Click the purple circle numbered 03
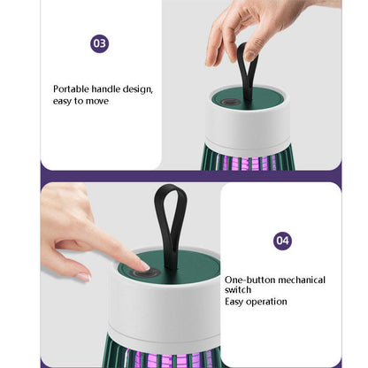[100, 43]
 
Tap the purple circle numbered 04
[282, 241]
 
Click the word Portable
[71, 88]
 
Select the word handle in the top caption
[106, 88]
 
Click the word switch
[238, 289]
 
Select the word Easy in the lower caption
[234, 302]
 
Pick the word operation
[266, 302]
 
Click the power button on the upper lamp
[228, 103]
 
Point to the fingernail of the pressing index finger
[145, 266]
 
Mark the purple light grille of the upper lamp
[248, 162]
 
